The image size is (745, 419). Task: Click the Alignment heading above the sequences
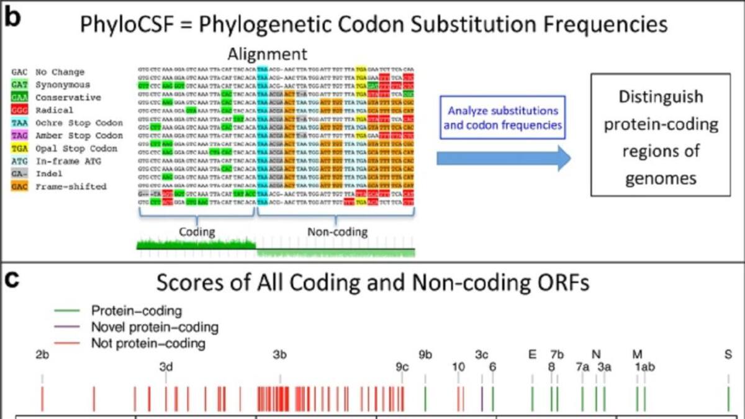pos(267,53)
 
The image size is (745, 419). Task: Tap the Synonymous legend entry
pos(62,85)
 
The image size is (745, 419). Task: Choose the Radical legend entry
pos(53,110)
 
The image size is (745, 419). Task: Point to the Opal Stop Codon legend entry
pos(67,148)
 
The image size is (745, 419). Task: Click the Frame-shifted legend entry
pos(62,186)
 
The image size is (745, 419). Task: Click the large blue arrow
pos(503,159)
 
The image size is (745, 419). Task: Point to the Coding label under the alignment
pos(197,232)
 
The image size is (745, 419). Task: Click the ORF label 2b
pos(42,355)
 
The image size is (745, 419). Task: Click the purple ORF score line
pos(482,398)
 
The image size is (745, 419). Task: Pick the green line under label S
pos(728,398)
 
